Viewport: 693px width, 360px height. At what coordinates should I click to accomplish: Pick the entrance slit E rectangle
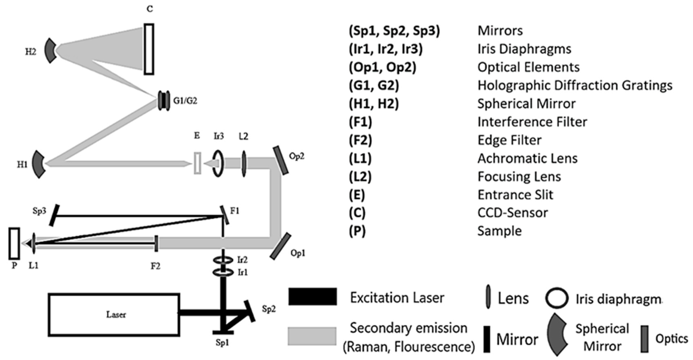click(197, 163)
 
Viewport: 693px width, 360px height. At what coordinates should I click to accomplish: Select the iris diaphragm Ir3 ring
click(218, 163)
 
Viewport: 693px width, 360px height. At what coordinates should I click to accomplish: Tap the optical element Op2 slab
click(281, 160)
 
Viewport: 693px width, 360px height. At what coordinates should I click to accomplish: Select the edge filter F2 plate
click(156, 243)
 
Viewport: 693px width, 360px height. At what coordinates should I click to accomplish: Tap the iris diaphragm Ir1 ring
click(223, 272)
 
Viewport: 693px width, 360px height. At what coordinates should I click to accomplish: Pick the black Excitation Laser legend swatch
click(312, 297)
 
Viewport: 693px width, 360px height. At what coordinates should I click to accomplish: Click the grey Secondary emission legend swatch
click(312, 336)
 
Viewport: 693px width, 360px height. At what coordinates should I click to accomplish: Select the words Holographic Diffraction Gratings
click(575, 85)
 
